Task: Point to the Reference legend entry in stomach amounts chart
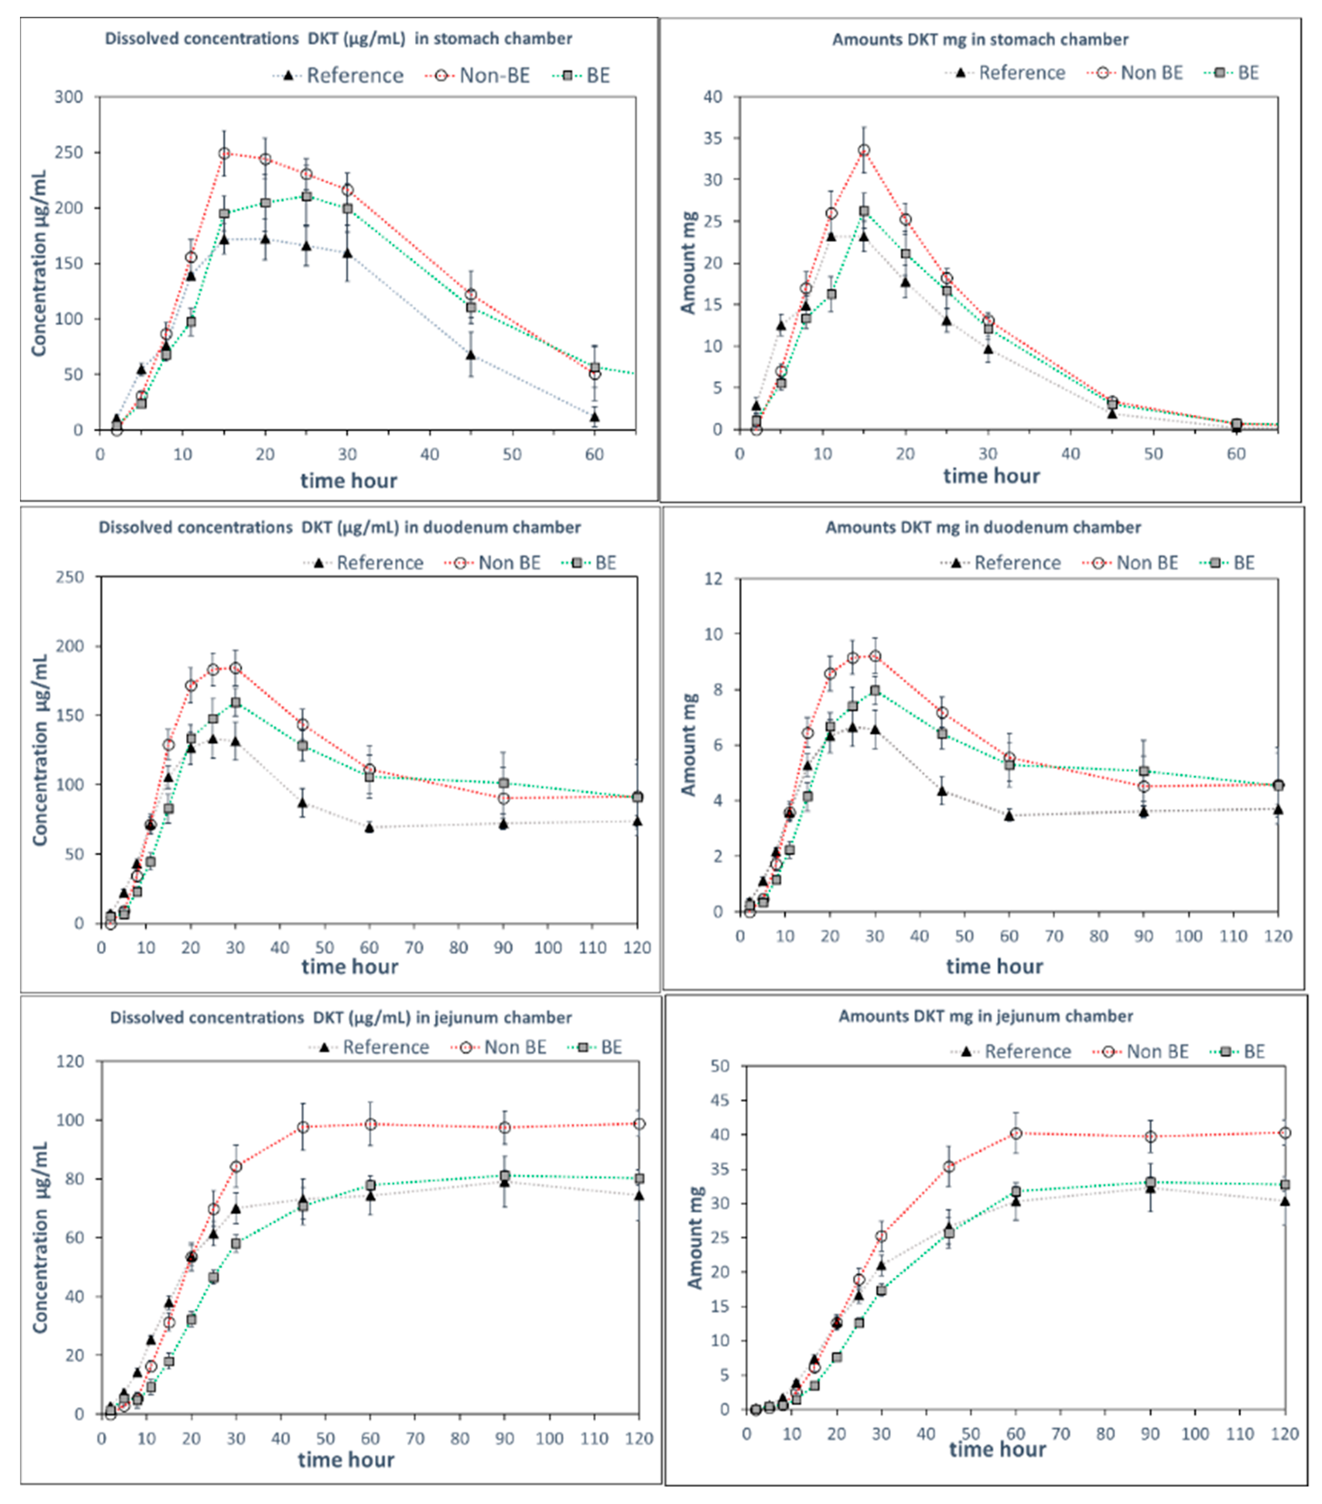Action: pos(1008,73)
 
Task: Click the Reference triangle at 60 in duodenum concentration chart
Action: pos(369,827)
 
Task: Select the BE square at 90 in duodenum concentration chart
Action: pos(504,783)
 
